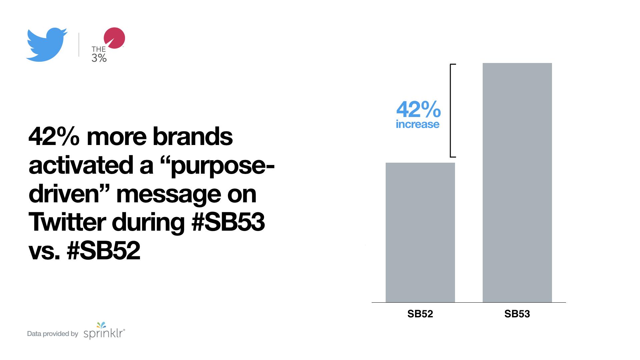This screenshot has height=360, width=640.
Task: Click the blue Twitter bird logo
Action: (47, 45)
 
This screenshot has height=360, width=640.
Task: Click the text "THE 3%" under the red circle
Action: (99, 54)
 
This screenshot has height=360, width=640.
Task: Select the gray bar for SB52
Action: (420, 232)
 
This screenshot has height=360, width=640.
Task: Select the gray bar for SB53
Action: (517, 183)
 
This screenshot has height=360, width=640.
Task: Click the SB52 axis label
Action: (420, 314)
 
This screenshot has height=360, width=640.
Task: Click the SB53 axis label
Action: (517, 314)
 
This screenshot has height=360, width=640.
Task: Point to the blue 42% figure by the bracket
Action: (418, 109)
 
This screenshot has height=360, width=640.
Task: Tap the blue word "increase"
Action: (417, 124)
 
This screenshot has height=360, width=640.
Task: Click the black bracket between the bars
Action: (451, 110)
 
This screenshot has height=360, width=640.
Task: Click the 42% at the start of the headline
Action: (54, 137)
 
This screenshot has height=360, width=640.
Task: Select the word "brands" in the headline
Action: (193, 137)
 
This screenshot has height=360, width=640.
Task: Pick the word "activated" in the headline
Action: (81, 165)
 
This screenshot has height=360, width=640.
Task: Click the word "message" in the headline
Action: (169, 195)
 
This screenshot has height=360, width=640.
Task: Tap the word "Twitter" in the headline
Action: (67, 222)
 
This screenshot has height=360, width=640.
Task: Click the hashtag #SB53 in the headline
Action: (228, 222)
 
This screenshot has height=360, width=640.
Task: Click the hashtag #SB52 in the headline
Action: (103, 251)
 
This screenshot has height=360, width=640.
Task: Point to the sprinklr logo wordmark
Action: (104, 331)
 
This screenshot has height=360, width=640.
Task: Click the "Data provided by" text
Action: (52, 334)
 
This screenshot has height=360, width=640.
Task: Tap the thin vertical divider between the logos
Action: (79, 45)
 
